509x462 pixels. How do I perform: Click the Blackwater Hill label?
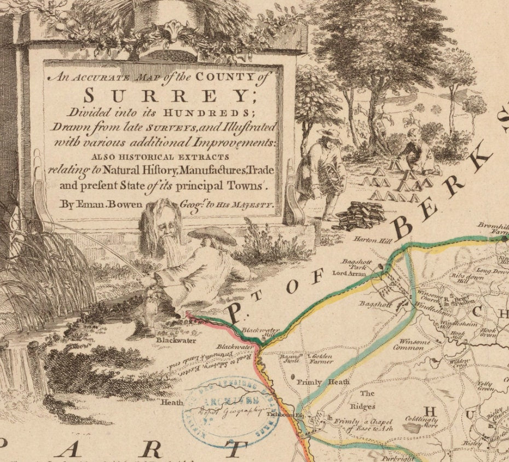[x=261, y=331]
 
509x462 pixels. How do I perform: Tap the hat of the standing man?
[x=330, y=134]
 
